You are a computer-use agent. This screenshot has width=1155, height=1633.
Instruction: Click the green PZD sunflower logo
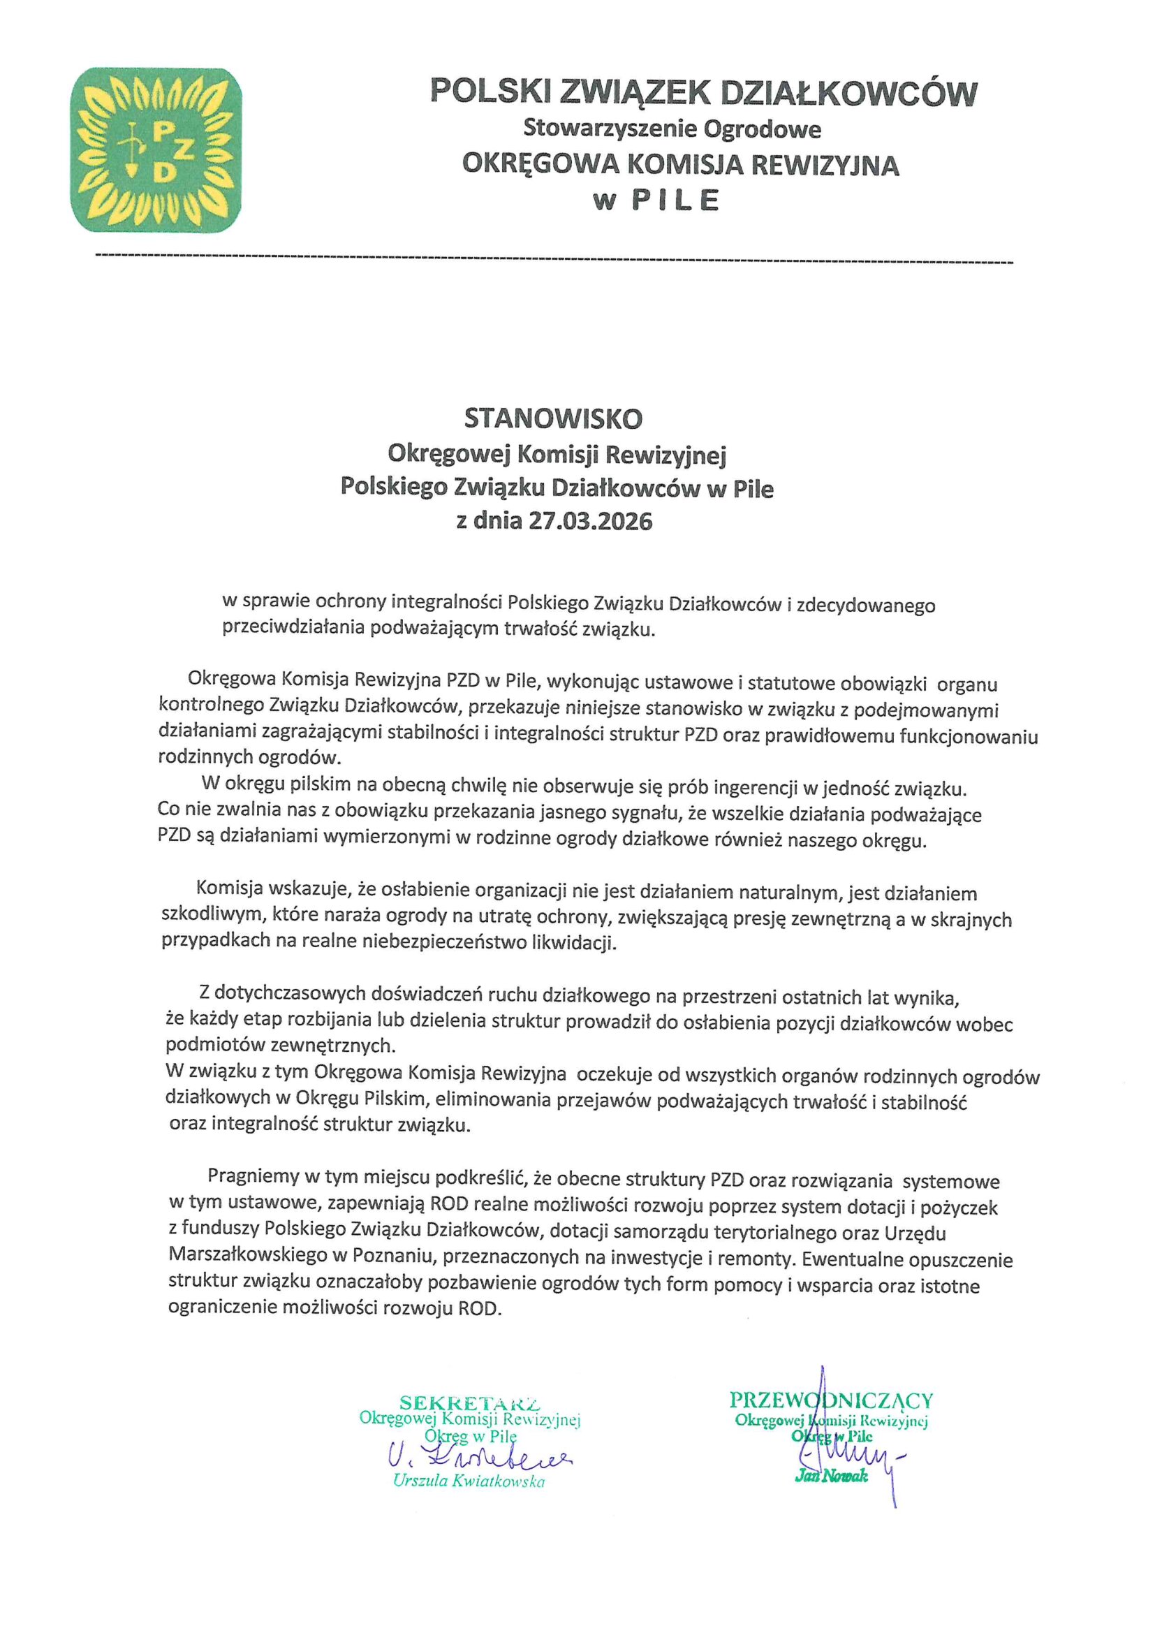tap(156, 150)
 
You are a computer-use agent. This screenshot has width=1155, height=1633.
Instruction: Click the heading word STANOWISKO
tap(552, 419)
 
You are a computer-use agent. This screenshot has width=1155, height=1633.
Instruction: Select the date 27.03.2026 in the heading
tap(589, 521)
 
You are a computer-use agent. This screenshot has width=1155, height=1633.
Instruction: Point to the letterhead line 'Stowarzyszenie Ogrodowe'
tap(672, 129)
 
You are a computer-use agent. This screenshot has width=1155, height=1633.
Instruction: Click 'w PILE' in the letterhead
tap(656, 200)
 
